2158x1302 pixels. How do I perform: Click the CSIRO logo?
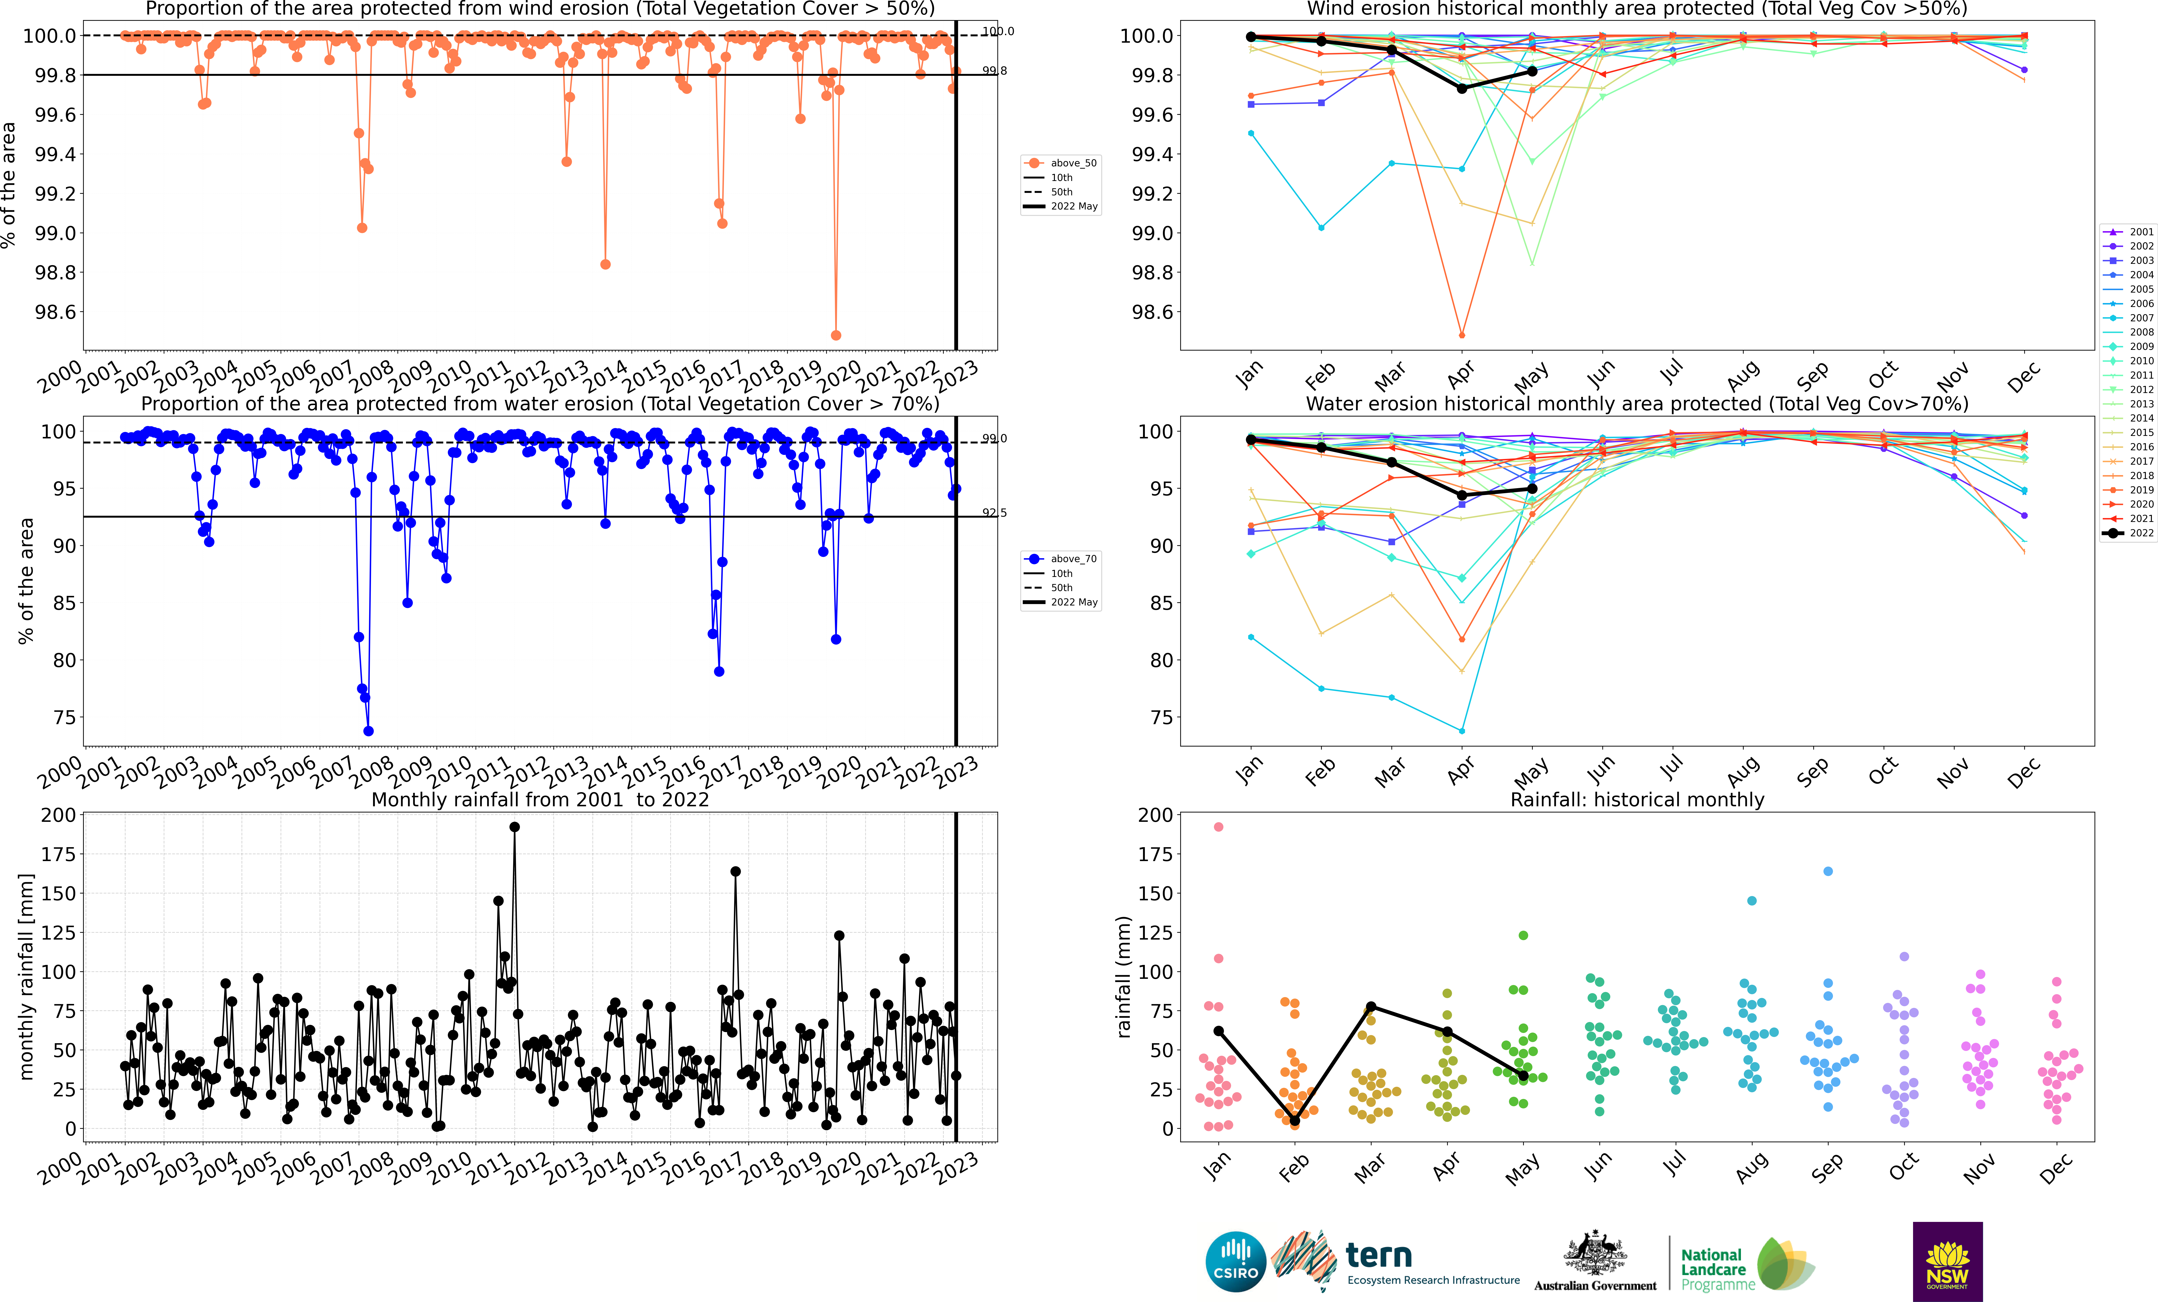point(1236,1262)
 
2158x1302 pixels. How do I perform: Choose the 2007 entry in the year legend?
point(2129,318)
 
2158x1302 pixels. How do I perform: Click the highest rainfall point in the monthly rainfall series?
point(514,827)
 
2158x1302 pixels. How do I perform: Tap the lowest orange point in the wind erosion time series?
point(836,335)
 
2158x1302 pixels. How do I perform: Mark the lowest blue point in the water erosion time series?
point(369,731)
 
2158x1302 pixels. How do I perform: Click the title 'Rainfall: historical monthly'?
point(1637,799)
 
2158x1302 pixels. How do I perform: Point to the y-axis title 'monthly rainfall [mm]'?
point(26,976)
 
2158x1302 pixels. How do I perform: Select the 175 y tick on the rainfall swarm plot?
point(1155,855)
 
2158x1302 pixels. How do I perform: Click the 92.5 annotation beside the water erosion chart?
point(994,513)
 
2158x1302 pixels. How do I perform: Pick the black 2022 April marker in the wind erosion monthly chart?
point(1462,88)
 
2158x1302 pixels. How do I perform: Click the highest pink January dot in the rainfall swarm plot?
point(1218,827)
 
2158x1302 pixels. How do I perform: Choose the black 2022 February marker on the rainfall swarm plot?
point(1294,1121)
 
